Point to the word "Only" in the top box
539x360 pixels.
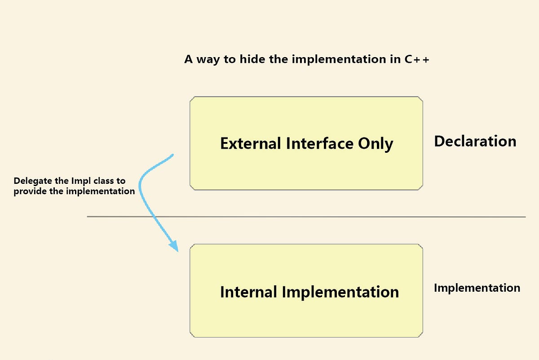coord(376,144)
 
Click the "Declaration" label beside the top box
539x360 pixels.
coord(475,142)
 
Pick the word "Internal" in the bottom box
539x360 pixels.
coord(248,292)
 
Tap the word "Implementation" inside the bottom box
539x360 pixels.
coord(340,292)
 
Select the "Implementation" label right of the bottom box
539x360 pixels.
coord(477,288)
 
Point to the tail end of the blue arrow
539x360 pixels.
coord(172,156)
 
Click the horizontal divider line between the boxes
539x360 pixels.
coord(305,217)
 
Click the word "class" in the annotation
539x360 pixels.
coord(102,181)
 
